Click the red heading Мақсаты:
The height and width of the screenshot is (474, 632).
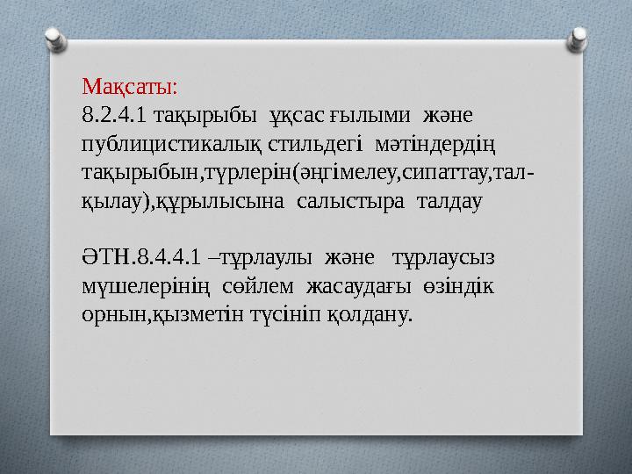[129, 87]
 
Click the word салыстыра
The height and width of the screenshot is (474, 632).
[342, 200]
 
